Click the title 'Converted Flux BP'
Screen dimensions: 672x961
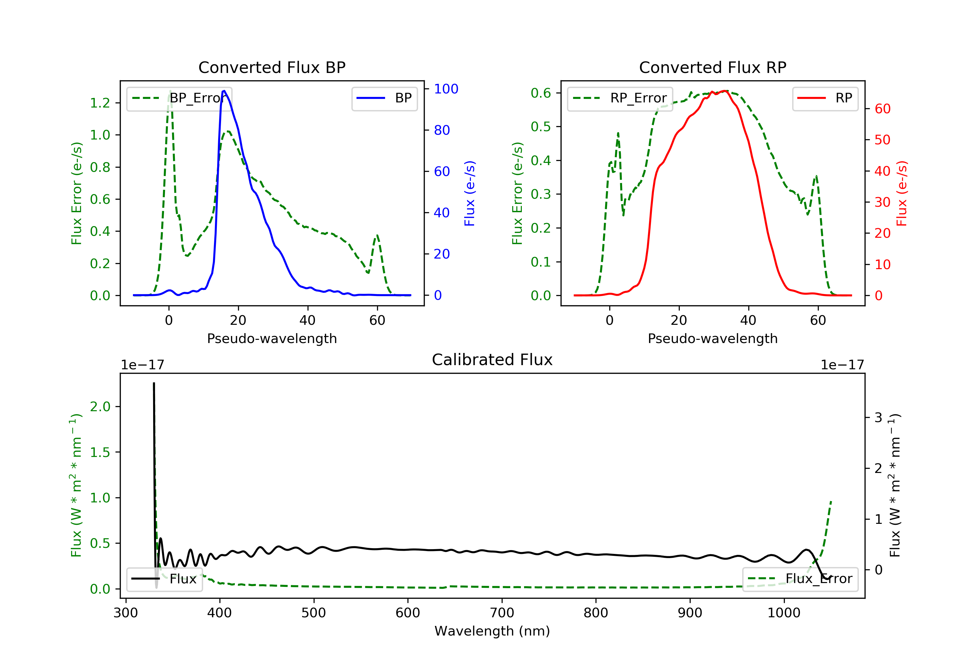click(272, 67)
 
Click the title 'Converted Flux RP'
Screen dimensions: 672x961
click(712, 67)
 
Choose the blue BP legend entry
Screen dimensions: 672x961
click(384, 98)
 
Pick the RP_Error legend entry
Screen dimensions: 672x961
click(620, 98)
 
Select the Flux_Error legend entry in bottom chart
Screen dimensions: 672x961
click(800, 579)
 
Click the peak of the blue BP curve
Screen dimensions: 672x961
click(224, 91)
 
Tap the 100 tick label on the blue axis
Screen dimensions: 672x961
click(446, 89)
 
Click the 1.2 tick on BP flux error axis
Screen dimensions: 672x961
click(100, 103)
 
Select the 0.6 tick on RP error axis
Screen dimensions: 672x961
click(541, 93)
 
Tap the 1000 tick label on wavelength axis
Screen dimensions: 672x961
click(784, 613)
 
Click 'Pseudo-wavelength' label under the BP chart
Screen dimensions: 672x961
click(272, 338)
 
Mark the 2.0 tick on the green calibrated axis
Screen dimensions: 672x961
click(100, 406)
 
